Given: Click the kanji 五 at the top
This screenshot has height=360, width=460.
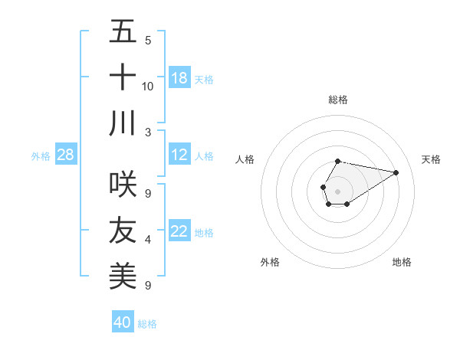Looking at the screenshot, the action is coord(123,32).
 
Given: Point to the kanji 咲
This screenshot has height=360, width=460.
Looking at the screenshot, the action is coord(123,184).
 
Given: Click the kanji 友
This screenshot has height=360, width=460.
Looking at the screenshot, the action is coord(123,230).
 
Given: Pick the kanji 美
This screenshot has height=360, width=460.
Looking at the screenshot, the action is coord(123,275).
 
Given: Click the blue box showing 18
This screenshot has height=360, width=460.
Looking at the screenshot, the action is coord(179,77).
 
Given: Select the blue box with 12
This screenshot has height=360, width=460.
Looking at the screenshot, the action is coord(179,155).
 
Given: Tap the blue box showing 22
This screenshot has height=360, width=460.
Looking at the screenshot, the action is coord(179,231).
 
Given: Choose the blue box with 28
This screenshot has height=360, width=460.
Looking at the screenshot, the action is coord(66,155).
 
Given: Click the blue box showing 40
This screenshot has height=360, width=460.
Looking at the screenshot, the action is coord(123,322).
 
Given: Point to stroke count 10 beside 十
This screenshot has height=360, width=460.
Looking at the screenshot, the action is coord(148,86).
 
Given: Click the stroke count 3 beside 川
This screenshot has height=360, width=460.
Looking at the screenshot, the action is coord(148,131).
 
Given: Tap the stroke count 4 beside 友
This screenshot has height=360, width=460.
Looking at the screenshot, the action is coord(148,240).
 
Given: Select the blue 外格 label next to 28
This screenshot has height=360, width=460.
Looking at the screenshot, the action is coord(41,156).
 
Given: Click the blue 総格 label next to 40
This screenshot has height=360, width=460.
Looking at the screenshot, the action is coord(147,324).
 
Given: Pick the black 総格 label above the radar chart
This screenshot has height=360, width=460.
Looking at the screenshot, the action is coord(337,100).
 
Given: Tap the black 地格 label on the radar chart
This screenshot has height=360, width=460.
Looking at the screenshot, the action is coord(402,262).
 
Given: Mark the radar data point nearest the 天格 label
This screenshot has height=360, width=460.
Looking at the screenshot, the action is coord(396,172).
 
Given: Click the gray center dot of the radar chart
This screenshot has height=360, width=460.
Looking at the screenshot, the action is coord(337,190).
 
